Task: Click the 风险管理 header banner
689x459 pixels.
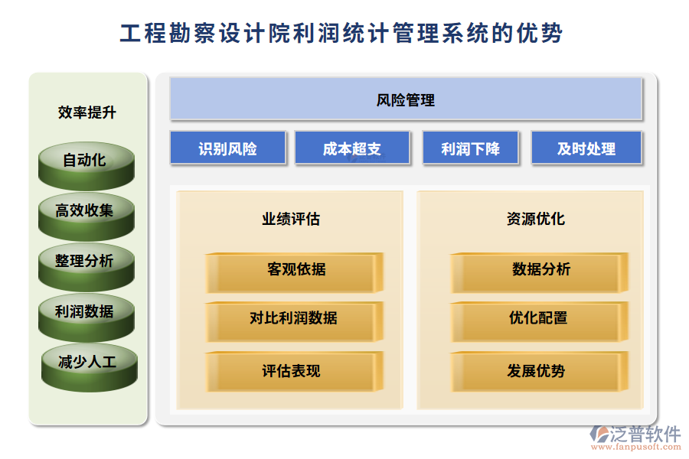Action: click(x=406, y=99)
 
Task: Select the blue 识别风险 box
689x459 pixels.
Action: click(x=228, y=148)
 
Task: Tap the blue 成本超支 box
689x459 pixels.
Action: click(x=352, y=148)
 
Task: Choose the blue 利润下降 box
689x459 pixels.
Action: click(x=471, y=148)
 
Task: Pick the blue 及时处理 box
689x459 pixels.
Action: click(x=586, y=148)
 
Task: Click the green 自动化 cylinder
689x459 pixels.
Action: click(x=86, y=166)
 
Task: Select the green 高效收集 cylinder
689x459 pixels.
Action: click(x=86, y=216)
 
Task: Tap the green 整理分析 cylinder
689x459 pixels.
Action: click(x=86, y=267)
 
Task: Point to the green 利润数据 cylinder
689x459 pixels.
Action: click(x=86, y=317)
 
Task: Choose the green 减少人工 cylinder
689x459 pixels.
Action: click(x=90, y=368)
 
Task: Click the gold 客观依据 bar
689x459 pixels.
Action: click(x=295, y=273)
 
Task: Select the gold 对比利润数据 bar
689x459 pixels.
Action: click(x=295, y=321)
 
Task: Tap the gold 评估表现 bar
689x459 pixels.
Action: click(x=295, y=371)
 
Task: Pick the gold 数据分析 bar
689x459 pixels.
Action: click(x=539, y=273)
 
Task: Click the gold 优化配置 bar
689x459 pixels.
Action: click(x=539, y=321)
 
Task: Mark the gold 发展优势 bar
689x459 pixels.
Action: click(x=539, y=371)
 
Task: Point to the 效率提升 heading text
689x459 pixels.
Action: click(x=87, y=112)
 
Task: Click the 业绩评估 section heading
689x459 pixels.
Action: click(x=291, y=219)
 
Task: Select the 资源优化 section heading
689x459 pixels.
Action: click(x=536, y=219)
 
